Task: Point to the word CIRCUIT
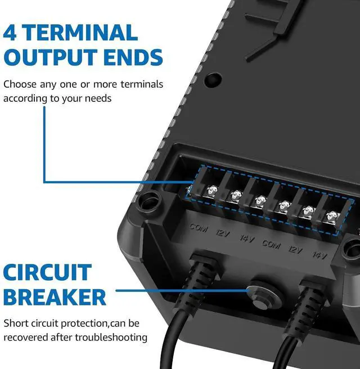(47, 273)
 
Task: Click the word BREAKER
(55, 297)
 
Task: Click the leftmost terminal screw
(212, 190)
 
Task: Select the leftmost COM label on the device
(199, 229)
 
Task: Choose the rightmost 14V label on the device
(319, 255)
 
